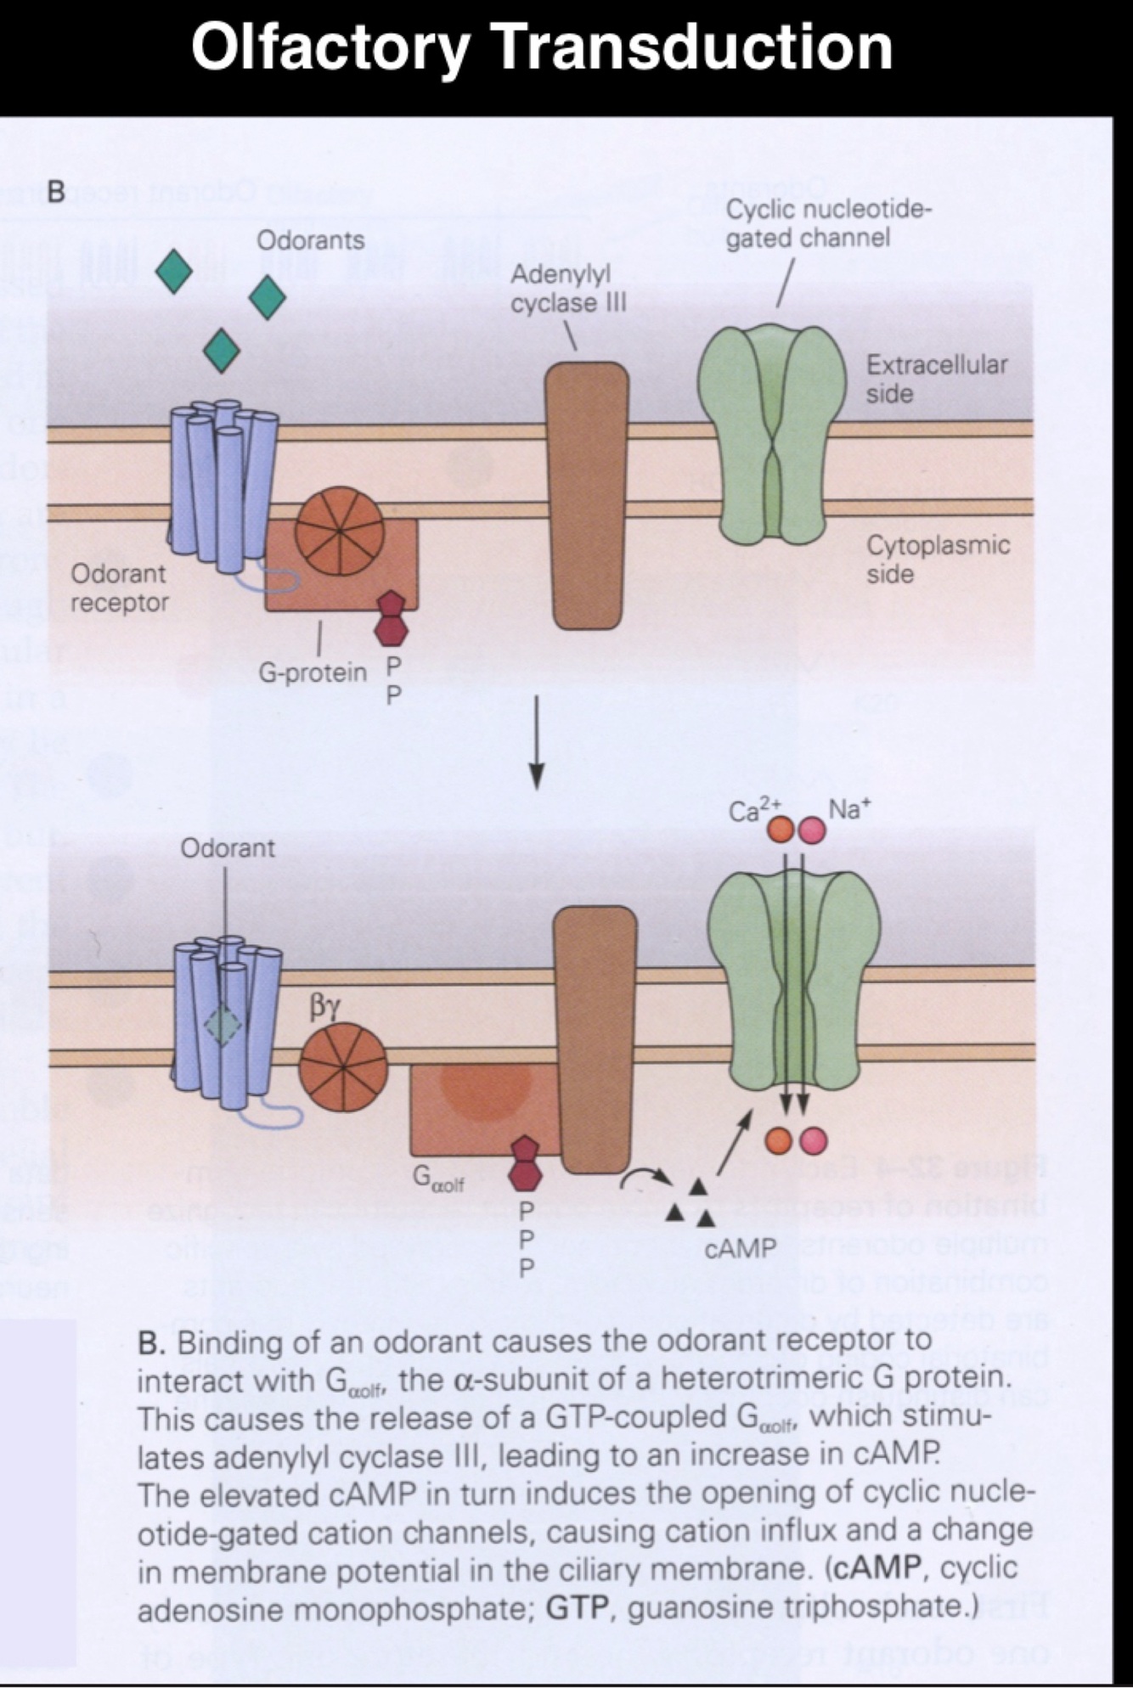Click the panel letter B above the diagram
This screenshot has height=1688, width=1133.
point(56,192)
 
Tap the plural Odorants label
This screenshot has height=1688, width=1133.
point(310,240)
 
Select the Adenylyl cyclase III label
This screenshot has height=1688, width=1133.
point(568,289)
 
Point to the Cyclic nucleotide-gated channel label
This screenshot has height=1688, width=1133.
point(828,223)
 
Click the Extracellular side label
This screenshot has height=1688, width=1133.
point(936,379)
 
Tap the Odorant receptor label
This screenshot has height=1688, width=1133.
point(119,588)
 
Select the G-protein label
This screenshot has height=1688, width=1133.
point(313,672)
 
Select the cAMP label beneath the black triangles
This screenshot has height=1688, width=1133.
point(740,1247)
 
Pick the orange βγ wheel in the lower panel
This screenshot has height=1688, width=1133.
point(343,1067)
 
